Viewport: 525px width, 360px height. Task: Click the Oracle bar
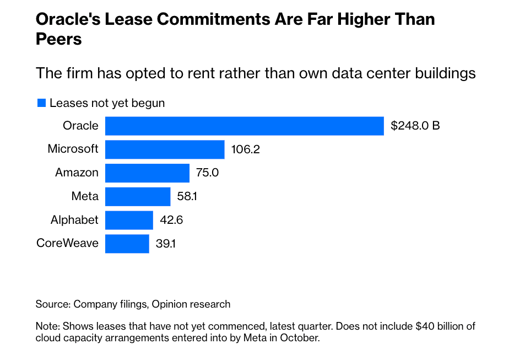[244, 126]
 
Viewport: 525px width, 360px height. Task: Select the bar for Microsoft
[165, 149]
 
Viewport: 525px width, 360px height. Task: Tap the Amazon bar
[147, 173]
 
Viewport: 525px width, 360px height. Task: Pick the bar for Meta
[138, 196]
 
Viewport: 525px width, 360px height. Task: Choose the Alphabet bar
[129, 220]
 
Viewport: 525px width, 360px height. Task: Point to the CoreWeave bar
[127, 244]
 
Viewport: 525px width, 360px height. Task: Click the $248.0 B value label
[415, 126]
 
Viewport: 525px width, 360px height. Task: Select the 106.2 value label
[245, 149]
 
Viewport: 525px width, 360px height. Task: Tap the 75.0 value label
[207, 173]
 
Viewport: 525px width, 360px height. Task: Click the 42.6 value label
[171, 220]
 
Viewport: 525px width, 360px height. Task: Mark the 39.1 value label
[166, 244]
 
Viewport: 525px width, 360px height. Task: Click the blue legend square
[41, 103]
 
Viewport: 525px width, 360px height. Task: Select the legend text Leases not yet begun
[107, 103]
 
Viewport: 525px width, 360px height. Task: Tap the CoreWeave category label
[67, 243]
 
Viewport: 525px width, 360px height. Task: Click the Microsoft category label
[73, 149]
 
